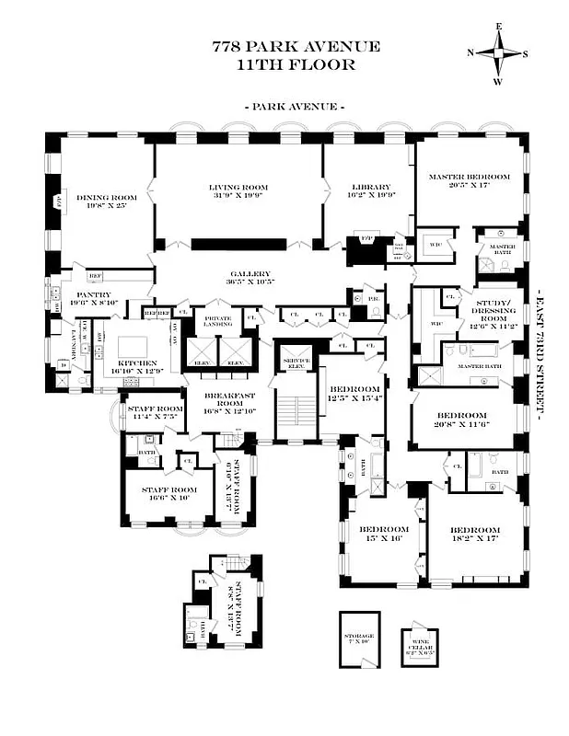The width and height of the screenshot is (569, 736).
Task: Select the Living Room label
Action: click(x=238, y=191)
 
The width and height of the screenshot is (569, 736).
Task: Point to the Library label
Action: click(x=368, y=191)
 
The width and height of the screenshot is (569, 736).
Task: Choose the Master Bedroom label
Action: click(x=469, y=180)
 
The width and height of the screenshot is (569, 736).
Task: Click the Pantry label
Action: click(x=94, y=299)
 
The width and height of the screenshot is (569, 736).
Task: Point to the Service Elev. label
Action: click(x=296, y=361)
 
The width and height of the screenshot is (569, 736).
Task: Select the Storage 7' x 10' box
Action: click(x=359, y=639)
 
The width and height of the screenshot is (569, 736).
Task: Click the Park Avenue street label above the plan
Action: click(x=295, y=107)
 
